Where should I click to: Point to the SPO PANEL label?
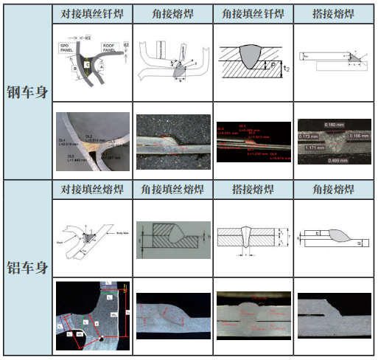tap(69, 48)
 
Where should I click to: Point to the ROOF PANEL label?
tap(110, 48)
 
